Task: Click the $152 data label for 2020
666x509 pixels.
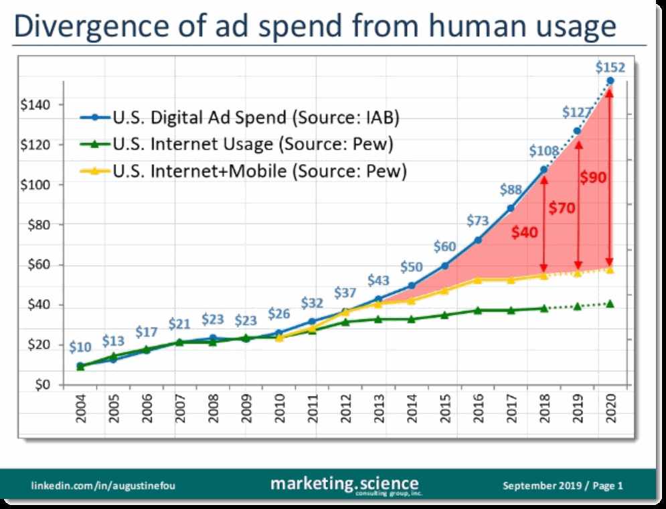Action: pyautogui.click(x=610, y=67)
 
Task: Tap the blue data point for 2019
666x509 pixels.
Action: pyautogui.click(x=577, y=131)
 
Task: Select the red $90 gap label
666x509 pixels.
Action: pyautogui.click(x=592, y=178)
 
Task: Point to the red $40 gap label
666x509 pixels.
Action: pyautogui.click(x=524, y=232)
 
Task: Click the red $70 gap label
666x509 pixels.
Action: pyautogui.click(x=561, y=208)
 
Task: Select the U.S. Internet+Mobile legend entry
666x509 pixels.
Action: pyautogui.click(x=260, y=171)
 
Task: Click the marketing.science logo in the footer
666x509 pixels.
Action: pyautogui.click(x=345, y=484)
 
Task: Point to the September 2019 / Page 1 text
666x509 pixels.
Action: pyautogui.click(x=562, y=485)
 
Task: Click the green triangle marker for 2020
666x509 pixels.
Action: pyautogui.click(x=610, y=303)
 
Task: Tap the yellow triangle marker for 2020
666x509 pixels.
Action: pyautogui.click(x=610, y=269)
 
